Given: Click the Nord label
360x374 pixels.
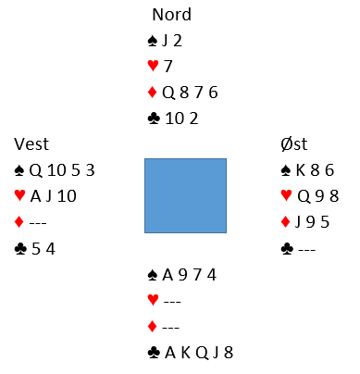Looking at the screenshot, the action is pyautogui.click(x=172, y=15).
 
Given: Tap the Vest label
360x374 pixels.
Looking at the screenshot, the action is pyautogui.click(x=31, y=143).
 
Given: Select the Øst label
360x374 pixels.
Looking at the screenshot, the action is pyautogui.click(x=294, y=143).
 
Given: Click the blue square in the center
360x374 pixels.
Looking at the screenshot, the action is pyautogui.click(x=185, y=195).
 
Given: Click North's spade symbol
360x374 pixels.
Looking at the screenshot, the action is pyautogui.click(x=153, y=41).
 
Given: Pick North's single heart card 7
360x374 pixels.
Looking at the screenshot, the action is pyautogui.click(x=168, y=67).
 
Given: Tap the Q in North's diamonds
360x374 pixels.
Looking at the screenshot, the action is pyautogui.click(x=168, y=93).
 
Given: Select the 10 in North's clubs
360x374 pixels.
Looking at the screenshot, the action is pyautogui.click(x=175, y=118).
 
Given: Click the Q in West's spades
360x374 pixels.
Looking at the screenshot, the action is pyautogui.click(x=35, y=170).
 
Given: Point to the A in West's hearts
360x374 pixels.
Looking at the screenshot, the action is pyautogui.click(x=36, y=196).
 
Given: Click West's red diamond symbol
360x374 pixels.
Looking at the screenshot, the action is pyautogui.click(x=19, y=222).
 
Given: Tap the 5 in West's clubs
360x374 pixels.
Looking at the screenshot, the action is pyautogui.click(x=36, y=249).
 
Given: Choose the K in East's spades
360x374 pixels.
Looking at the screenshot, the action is pyautogui.click(x=301, y=170).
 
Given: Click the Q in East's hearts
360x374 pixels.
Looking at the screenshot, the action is pyautogui.click(x=304, y=196).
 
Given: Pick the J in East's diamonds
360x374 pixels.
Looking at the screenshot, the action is pyautogui.click(x=298, y=222).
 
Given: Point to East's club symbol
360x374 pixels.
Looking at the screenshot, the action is pyautogui.click(x=287, y=248).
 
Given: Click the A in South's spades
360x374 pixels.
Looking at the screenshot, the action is pyautogui.click(x=168, y=275).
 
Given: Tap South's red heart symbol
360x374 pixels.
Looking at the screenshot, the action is pyautogui.click(x=154, y=300).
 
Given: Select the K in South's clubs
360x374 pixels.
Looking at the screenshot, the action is pyautogui.click(x=186, y=353).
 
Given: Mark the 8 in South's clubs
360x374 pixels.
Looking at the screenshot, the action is pyautogui.click(x=229, y=353).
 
